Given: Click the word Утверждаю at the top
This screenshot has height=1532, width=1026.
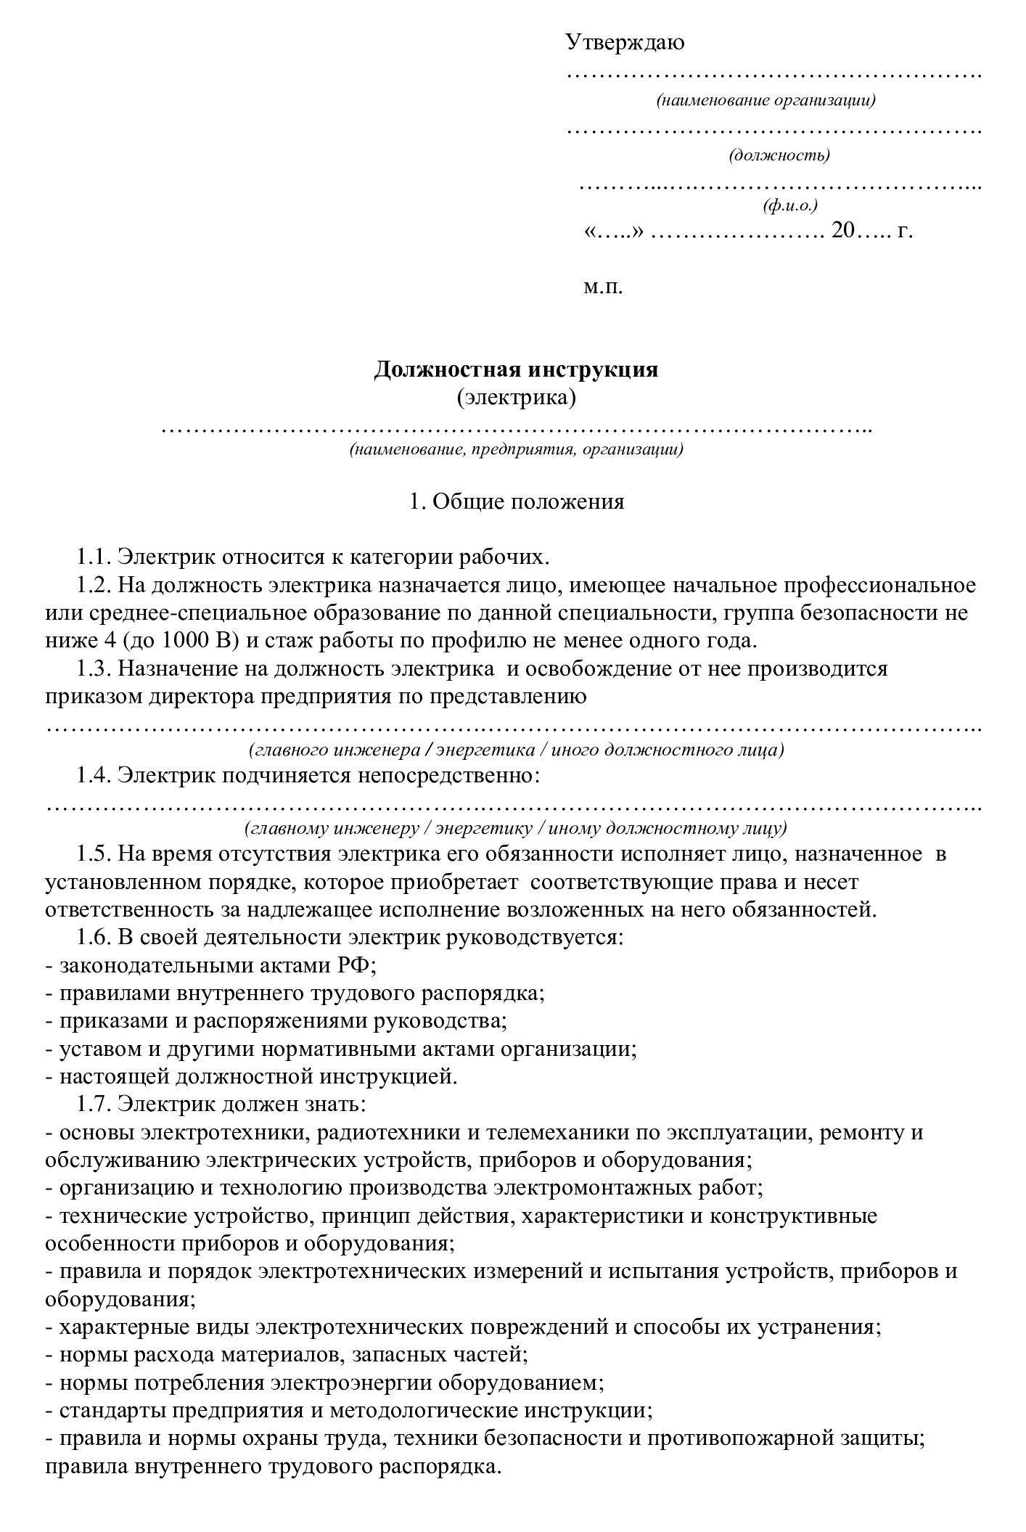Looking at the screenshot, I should (x=625, y=43).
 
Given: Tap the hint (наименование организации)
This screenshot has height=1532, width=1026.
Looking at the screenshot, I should (x=766, y=100).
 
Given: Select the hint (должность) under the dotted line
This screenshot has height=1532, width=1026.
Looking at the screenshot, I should (x=779, y=155).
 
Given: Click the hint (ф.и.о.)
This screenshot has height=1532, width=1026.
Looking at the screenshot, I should (x=789, y=206).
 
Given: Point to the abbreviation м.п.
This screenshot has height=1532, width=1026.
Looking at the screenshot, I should (x=603, y=287).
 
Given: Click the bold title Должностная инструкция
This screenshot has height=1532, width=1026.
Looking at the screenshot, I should (x=516, y=370).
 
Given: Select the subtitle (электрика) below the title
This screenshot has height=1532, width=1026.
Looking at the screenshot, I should (x=516, y=398).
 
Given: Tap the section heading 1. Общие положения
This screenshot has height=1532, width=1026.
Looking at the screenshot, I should (x=516, y=501).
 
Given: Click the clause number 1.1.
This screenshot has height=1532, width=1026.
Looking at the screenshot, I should (x=93, y=557).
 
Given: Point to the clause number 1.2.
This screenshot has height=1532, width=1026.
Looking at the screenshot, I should (x=93, y=585).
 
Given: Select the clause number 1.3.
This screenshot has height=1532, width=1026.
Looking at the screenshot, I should (x=93, y=668).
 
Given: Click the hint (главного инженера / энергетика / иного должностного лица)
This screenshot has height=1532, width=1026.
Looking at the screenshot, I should (x=516, y=750).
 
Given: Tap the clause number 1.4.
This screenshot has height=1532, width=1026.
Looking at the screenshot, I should (x=93, y=776).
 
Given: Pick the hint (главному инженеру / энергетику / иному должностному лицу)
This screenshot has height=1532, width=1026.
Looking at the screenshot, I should (x=516, y=828).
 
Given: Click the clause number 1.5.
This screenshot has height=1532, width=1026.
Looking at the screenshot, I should (x=93, y=854).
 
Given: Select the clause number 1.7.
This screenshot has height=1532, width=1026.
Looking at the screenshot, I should (x=93, y=1105).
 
